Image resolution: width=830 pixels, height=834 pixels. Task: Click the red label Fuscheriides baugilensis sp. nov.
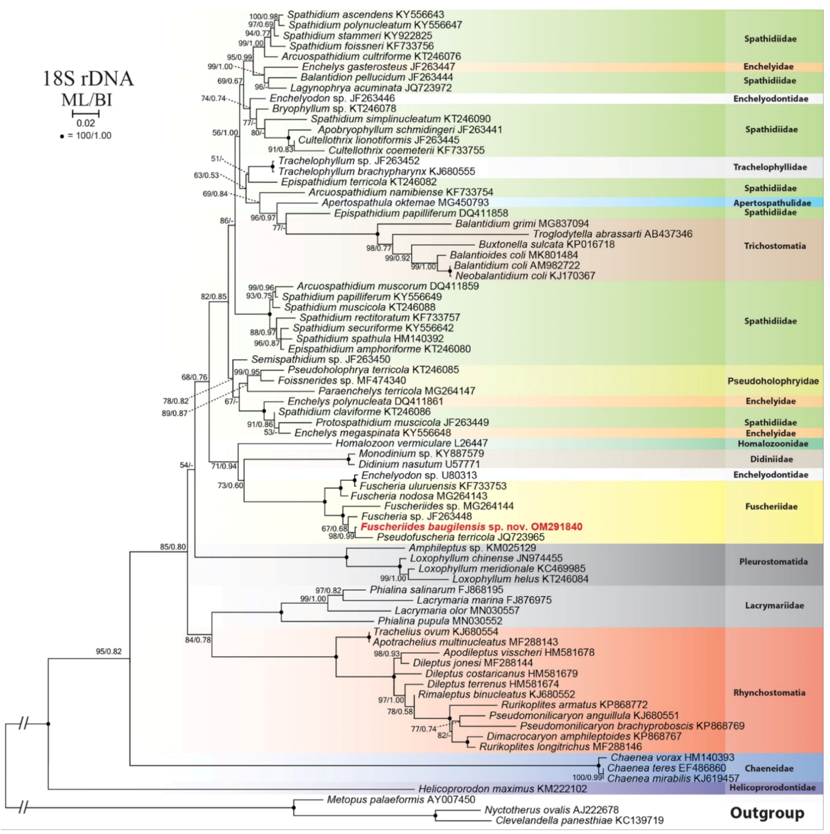471,526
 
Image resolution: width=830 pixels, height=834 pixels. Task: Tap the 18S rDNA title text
88,79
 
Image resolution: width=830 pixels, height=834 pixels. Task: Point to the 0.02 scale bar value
85,123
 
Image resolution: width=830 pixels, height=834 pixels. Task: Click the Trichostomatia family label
774,246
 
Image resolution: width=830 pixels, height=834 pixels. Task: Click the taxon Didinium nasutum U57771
413,464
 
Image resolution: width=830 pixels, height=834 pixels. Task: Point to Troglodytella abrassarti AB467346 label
612,234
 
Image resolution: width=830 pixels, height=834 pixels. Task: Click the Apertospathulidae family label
772,203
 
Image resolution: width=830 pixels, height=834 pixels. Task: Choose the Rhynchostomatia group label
769,693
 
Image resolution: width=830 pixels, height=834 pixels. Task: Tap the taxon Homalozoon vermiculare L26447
411,443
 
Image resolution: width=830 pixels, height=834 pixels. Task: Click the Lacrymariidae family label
774,606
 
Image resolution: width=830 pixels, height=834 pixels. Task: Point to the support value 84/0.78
198,640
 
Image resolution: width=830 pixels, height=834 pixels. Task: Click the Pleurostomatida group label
773,562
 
